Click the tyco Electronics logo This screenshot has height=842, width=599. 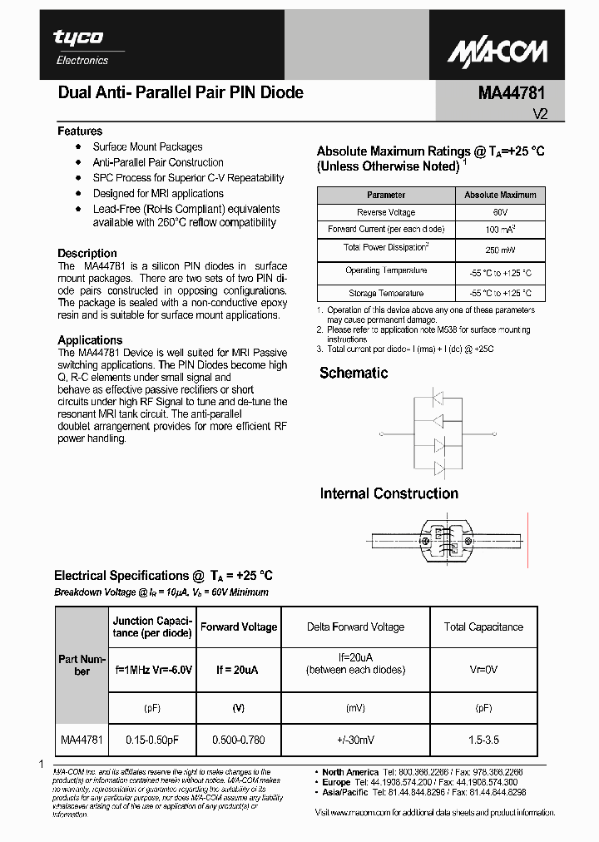[x=81, y=46]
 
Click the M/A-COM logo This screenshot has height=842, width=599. [x=498, y=52]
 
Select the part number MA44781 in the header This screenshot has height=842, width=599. [x=512, y=93]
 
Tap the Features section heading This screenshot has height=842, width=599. [x=80, y=131]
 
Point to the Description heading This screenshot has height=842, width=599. [x=87, y=253]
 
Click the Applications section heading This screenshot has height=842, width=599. [x=90, y=339]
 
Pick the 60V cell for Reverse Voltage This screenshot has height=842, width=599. [x=500, y=212]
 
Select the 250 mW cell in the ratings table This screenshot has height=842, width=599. [x=500, y=250]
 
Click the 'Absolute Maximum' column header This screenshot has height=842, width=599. [x=500, y=195]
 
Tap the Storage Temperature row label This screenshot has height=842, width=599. [x=385, y=293]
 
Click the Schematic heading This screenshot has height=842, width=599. [x=354, y=373]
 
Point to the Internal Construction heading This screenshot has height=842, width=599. [x=389, y=493]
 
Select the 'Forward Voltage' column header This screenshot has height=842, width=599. [x=239, y=627]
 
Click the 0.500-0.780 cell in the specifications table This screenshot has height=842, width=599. [x=239, y=739]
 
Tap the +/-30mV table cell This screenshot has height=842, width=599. [x=355, y=739]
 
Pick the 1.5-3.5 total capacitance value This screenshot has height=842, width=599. [x=483, y=739]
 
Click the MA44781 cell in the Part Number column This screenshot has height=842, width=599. [x=82, y=739]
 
